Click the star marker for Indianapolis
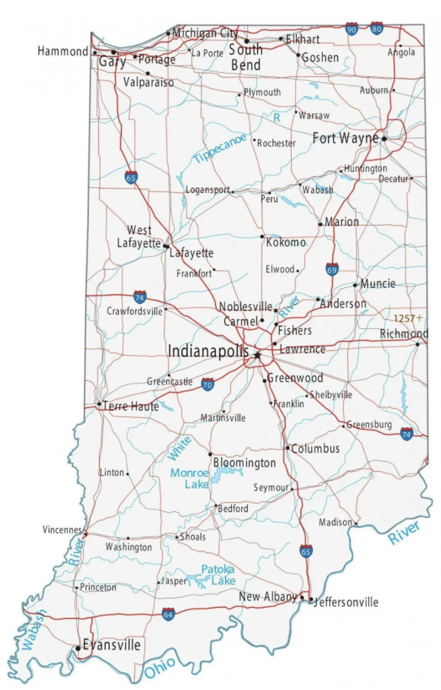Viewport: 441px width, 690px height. (257, 355)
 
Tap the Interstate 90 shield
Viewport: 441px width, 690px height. (352, 29)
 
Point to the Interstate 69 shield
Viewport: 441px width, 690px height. (332, 269)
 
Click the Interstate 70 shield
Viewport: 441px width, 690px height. (208, 383)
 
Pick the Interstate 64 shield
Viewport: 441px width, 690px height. (169, 614)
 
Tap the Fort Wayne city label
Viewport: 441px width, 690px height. (345, 139)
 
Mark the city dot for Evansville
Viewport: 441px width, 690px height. (78, 647)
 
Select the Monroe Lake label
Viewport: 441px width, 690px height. (189, 478)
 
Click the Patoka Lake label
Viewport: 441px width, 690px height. (218, 575)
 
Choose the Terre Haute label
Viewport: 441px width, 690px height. (131, 406)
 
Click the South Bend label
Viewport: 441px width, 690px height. (246, 57)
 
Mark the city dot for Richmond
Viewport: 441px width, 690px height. (418, 344)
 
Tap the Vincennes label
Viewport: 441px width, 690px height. (62, 531)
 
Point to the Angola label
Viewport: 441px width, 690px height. (401, 52)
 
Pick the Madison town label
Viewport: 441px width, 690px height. (335, 523)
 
